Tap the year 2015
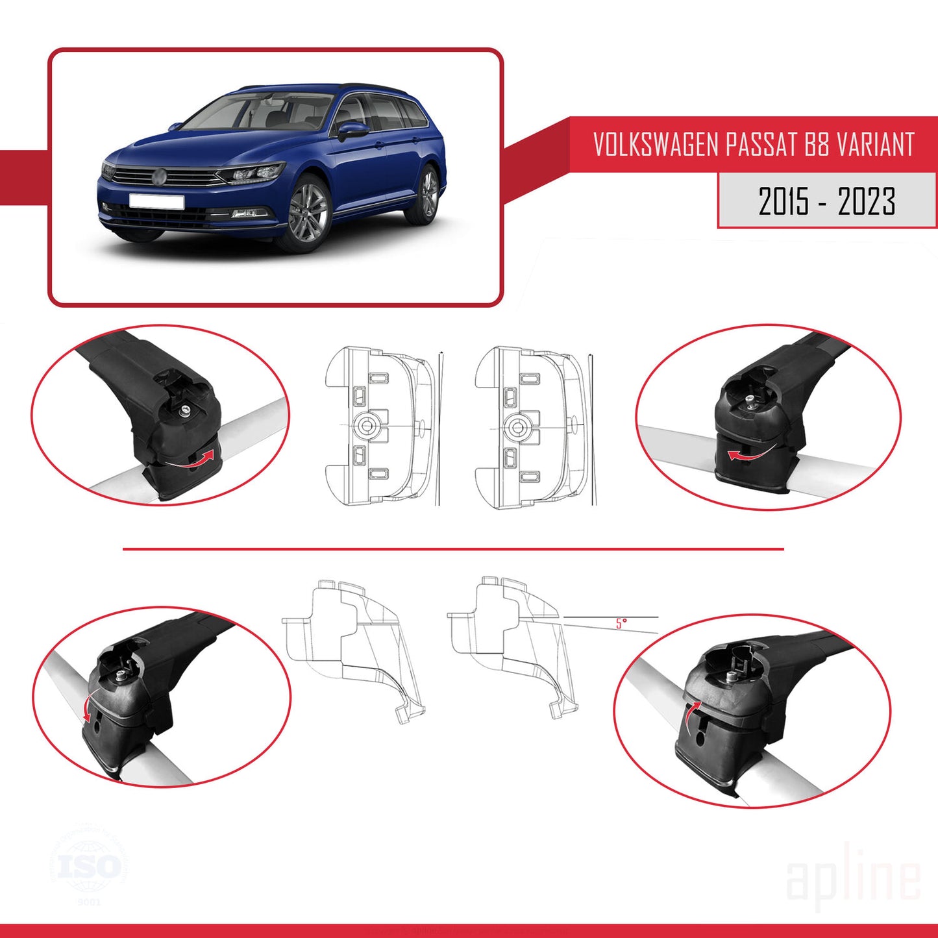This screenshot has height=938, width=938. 784,201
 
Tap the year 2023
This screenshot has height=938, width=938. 867,201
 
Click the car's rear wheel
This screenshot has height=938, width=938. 428,193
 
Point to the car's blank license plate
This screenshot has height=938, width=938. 156,201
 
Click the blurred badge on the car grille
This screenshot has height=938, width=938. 159,176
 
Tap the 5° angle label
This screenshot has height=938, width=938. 621,624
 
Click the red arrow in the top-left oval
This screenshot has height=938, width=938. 203,458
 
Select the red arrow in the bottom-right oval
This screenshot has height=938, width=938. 692,714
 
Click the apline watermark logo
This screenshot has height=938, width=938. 853,878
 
